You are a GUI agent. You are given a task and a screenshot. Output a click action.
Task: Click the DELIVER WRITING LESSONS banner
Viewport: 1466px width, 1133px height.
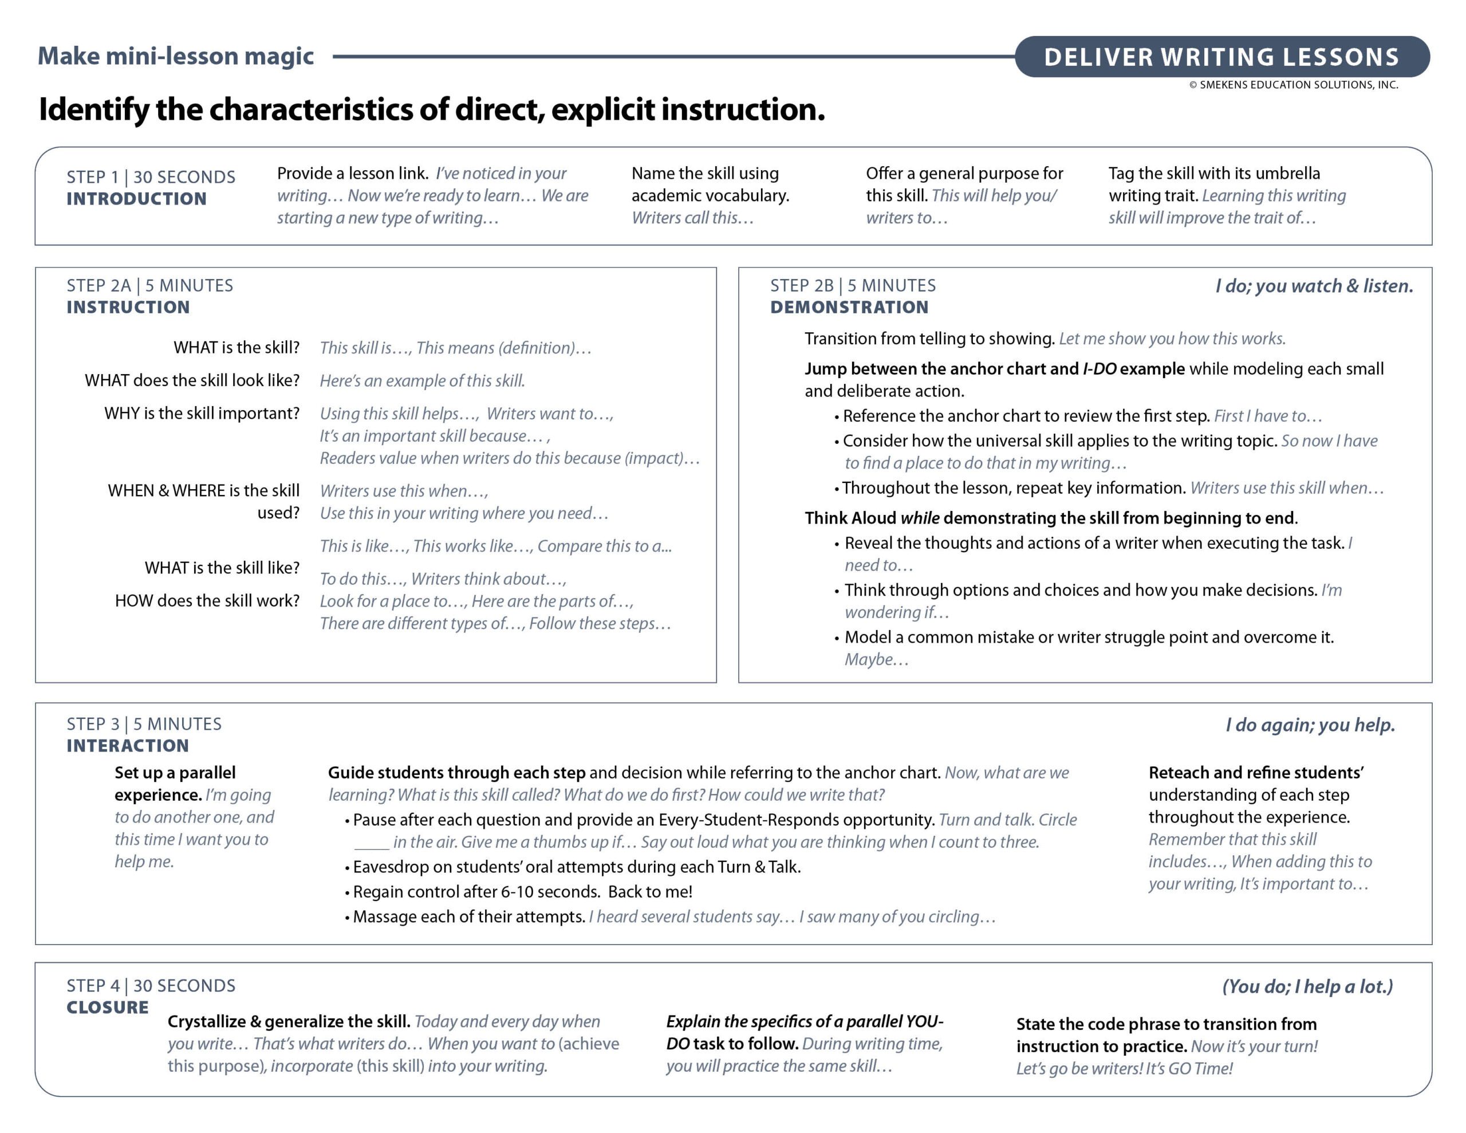pyautogui.click(x=1221, y=57)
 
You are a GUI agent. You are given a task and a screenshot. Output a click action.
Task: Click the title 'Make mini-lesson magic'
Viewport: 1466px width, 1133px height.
pyautogui.click(x=175, y=56)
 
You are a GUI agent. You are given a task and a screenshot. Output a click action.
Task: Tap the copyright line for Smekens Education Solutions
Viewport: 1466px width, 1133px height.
pyautogui.click(x=1294, y=85)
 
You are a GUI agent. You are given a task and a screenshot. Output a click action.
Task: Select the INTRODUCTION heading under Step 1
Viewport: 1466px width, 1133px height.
pyautogui.click(x=136, y=199)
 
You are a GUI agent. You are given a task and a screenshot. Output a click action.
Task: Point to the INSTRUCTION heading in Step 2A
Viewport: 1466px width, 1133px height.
pyautogui.click(x=128, y=307)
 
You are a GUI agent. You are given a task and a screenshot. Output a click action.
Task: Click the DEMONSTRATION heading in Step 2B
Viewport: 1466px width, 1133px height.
pyautogui.click(x=849, y=307)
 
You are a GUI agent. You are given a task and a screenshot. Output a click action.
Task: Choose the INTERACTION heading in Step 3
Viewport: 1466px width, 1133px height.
pyautogui.click(x=128, y=745)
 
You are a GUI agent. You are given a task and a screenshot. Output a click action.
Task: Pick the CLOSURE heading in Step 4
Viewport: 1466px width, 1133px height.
pyautogui.click(x=108, y=1008)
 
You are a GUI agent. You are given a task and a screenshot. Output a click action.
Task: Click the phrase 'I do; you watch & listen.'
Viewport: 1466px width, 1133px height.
pyautogui.click(x=1314, y=286)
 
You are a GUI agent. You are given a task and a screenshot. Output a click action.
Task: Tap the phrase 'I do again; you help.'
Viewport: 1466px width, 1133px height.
pyautogui.click(x=1310, y=725)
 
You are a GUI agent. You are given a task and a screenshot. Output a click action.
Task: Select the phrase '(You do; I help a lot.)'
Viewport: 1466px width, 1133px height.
pyautogui.click(x=1307, y=986)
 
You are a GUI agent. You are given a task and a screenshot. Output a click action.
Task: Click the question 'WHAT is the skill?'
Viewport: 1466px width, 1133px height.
pyautogui.click(x=237, y=347)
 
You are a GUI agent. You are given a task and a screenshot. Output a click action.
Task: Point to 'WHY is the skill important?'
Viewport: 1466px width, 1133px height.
pyautogui.click(x=202, y=413)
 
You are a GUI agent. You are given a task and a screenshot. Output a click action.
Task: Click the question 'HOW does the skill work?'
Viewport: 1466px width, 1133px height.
pyautogui.click(x=207, y=600)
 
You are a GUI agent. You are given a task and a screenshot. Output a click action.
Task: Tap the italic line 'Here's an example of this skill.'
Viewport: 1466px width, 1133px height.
pyautogui.click(x=422, y=381)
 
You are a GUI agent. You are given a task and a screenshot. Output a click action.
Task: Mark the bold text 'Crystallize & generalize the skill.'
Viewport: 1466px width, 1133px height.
pyautogui.click(x=289, y=1021)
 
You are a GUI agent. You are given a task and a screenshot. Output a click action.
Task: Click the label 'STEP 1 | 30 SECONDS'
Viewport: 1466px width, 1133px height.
pyautogui.click(x=151, y=178)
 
